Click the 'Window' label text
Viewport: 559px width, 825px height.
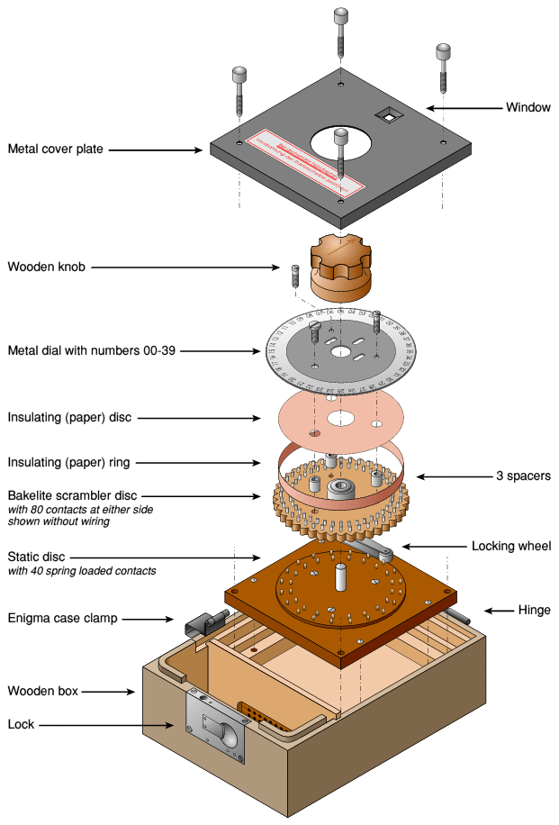coord(527,107)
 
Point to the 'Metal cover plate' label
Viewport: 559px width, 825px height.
coord(56,150)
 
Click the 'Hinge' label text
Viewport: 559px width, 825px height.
coord(535,611)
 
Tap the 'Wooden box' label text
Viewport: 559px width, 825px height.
coord(43,691)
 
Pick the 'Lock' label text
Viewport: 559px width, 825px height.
coord(22,724)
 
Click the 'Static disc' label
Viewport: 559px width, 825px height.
coord(37,557)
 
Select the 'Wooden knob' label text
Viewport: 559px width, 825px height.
coord(47,267)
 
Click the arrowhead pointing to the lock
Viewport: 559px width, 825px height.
coord(174,724)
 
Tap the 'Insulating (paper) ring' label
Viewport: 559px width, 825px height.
coord(69,463)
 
